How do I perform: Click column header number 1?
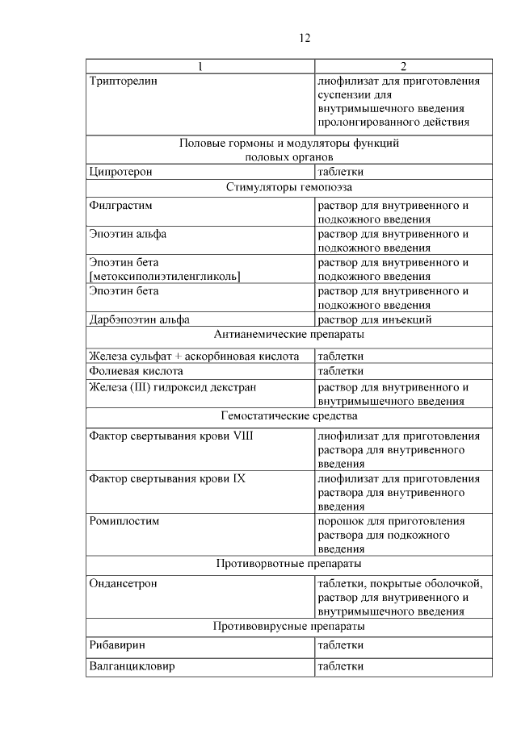point(200,66)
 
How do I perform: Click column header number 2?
point(402,66)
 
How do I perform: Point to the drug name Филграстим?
point(120,206)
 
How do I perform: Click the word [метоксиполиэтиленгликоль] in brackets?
point(166,277)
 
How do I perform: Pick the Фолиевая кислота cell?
point(136,371)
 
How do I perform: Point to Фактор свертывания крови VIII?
point(170,436)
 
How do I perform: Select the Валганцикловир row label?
point(132,666)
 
